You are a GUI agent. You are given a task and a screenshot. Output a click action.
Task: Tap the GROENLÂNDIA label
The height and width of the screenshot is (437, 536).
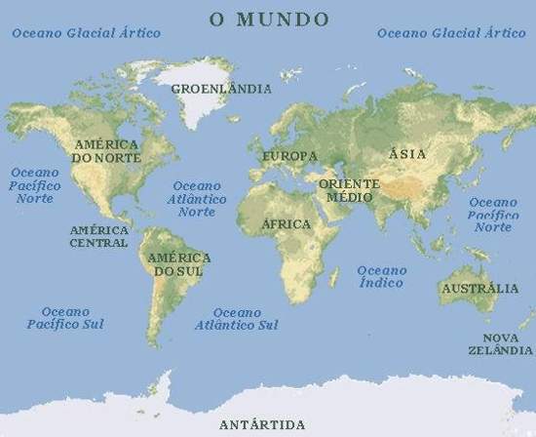point(221,89)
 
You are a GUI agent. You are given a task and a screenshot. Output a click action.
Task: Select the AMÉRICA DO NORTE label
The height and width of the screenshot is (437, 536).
point(107,150)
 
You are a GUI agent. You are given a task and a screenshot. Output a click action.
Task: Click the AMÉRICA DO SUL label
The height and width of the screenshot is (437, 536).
point(175,264)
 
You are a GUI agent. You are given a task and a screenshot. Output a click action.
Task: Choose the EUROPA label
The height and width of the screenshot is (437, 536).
point(289,156)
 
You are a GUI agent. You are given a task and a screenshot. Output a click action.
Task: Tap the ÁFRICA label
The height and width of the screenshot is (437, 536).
point(287,224)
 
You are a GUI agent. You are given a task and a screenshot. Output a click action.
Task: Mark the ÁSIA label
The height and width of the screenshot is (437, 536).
point(406,154)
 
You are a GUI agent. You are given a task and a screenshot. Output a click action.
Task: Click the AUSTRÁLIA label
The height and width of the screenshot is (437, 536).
point(479,289)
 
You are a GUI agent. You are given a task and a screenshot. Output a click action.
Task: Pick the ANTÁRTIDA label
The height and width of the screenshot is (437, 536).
point(262,424)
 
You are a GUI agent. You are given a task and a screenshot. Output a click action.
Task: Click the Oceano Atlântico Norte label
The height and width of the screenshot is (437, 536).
point(198,198)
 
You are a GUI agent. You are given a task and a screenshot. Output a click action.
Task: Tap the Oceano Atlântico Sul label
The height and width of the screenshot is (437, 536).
point(236,318)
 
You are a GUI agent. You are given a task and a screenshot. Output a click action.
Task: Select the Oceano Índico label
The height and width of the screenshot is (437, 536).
point(381,276)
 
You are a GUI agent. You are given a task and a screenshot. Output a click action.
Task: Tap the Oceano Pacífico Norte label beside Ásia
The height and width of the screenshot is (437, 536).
point(493,213)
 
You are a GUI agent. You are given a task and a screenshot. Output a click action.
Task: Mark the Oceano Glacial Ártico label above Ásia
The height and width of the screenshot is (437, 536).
point(451,32)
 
